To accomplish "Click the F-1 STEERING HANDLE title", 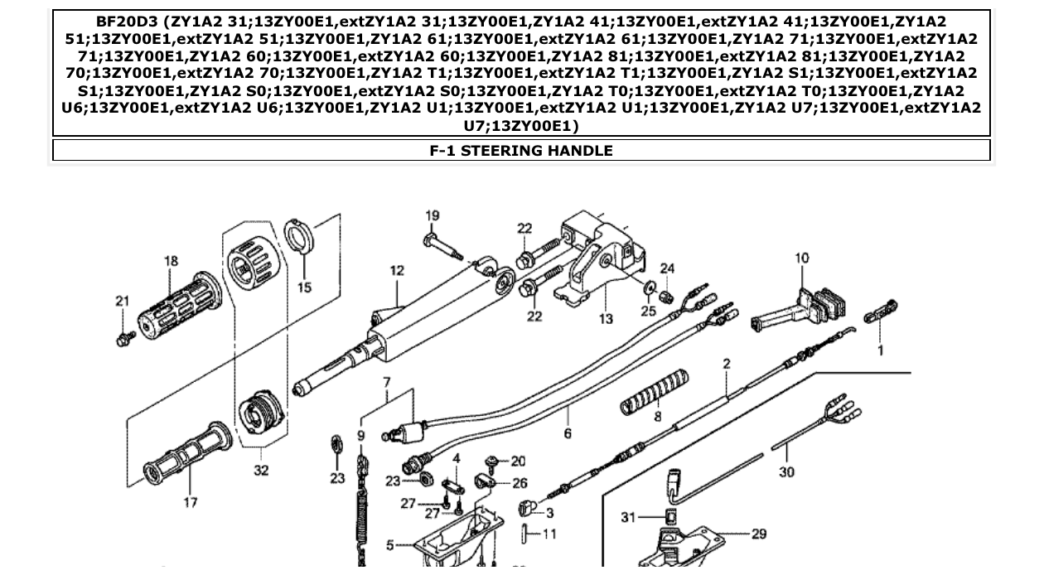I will coord(521,151).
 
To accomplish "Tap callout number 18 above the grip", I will coord(171,261).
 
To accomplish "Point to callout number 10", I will coord(801,259).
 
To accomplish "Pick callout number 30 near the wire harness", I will coord(786,471).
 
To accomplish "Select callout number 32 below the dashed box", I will coord(261,471).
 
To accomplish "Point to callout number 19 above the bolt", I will coord(433,216).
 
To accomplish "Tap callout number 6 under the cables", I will coord(568,433).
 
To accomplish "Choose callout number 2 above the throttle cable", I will coord(727,364).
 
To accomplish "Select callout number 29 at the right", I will coord(759,534).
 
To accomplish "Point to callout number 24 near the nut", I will coord(668,269).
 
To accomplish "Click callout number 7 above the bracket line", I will coord(386,382).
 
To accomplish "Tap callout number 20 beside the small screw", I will coord(518,461).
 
